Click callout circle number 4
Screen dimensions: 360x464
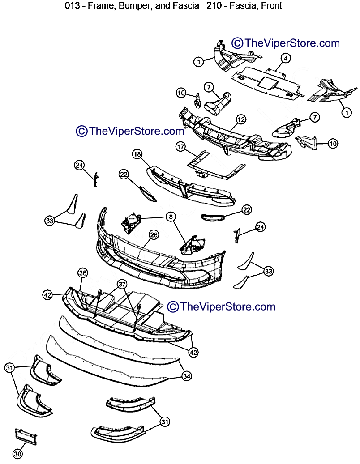[286, 58]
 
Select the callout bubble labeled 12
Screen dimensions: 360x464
[241, 119]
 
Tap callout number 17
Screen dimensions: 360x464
[180, 146]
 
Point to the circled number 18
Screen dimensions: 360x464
[137, 154]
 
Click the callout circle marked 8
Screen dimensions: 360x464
[171, 217]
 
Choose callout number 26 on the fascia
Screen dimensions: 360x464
[154, 235]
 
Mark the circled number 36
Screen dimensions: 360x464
[83, 273]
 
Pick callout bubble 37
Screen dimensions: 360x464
[122, 285]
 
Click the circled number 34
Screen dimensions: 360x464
[187, 376]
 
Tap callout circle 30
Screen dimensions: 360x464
[18, 454]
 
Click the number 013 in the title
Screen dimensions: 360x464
[72, 6]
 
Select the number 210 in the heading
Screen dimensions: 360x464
[214, 6]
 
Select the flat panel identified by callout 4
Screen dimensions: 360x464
[267, 83]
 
